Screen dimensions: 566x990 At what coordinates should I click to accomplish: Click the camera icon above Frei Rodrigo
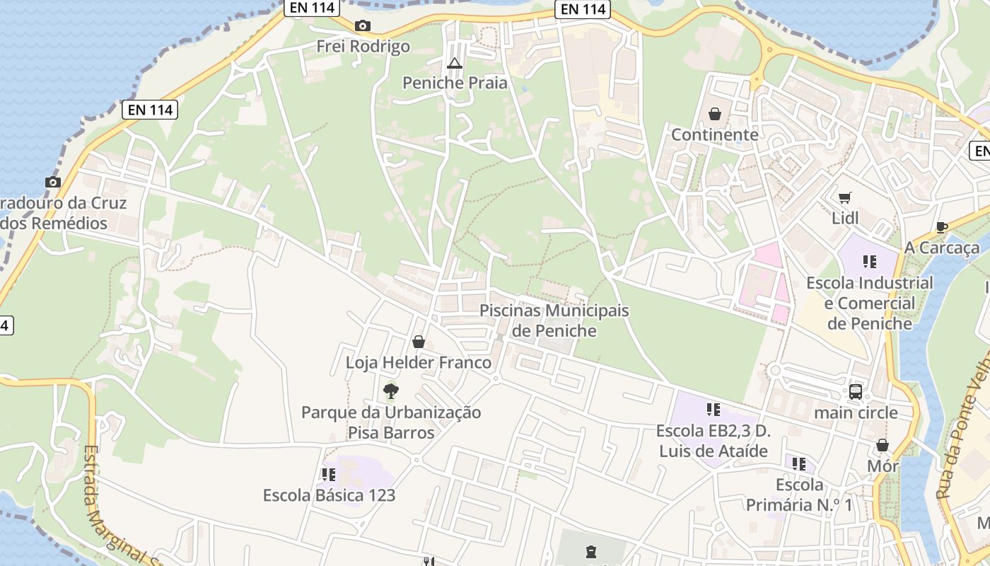pyautogui.click(x=363, y=26)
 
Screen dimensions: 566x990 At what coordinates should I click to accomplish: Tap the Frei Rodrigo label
pyautogui.click(x=363, y=47)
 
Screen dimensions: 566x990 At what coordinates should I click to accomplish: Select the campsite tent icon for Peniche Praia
pyautogui.click(x=455, y=63)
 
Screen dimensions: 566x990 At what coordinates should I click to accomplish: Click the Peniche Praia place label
pyautogui.click(x=455, y=83)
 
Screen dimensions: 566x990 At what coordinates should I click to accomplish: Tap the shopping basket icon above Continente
pyautogui.click(x=715, y=114)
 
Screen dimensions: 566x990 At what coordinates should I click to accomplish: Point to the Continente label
pyautogui.click(x=714, y=134)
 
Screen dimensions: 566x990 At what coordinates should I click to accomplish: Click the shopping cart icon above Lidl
pyautogui.click(x=845, y=197)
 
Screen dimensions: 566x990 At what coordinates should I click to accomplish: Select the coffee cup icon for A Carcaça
pyautogui.click(x=941, y=227)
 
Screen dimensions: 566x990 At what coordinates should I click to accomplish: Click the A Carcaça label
pyautogui.click(x=942, y=248)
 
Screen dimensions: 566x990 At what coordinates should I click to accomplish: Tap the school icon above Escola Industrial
pyautogui.click(x=870, y=262)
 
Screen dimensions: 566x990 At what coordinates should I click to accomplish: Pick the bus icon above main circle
pyautogui.click(x=856, y=391)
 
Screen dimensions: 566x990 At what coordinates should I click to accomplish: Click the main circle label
pyautogui.click(x=856, y=412)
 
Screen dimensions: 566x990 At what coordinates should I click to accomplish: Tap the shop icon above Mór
pyautogui.click(x=883, y=445)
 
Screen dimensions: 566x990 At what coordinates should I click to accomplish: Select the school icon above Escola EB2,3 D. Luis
pyautogui.click(x=713, y=410)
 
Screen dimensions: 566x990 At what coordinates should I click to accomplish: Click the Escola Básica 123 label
pyautogui.click(x=329, y=495)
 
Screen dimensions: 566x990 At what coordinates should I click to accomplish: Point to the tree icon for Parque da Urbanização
pyautogui.click(x=390, y=391)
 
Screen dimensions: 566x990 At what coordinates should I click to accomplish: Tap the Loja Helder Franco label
pyautogui.click(x=418, y=362)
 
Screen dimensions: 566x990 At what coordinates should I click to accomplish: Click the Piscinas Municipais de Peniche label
pyautogui.click(x=554, y=320)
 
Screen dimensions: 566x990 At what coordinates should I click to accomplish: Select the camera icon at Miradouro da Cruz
pyautogui.click(x=53, y=183)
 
